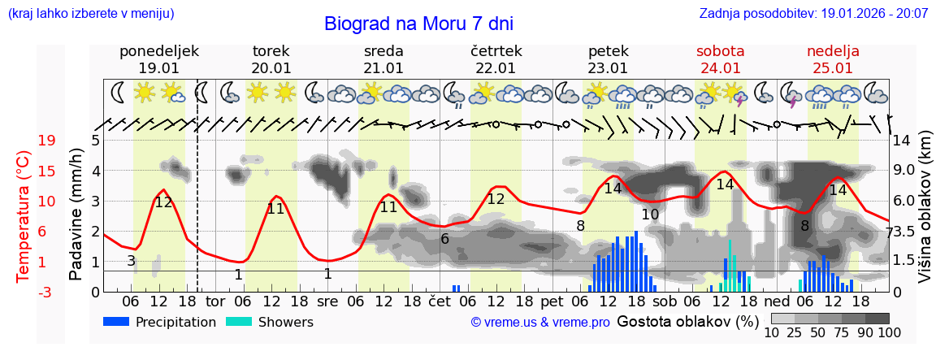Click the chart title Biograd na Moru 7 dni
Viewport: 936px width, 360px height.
click(418, 24)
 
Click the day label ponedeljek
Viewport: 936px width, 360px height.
click(158, 51)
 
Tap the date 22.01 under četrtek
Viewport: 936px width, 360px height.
click(496, 68)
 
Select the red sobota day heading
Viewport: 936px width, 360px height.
click(720, 51)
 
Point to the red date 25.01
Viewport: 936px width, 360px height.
click(833, 68)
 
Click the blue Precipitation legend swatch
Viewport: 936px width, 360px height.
click(117, 322)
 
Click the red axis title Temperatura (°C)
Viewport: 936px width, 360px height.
click(24, 215)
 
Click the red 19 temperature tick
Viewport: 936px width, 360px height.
click(46, 141)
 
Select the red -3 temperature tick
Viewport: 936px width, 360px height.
click(46, 292)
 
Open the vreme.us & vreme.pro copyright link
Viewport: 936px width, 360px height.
click(540, 322)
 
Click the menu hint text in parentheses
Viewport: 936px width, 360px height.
click(90, 14)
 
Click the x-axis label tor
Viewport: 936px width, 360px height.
click(214, 301)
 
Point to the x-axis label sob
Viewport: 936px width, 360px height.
click(664, 301)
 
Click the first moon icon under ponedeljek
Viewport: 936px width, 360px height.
click(119, 93)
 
